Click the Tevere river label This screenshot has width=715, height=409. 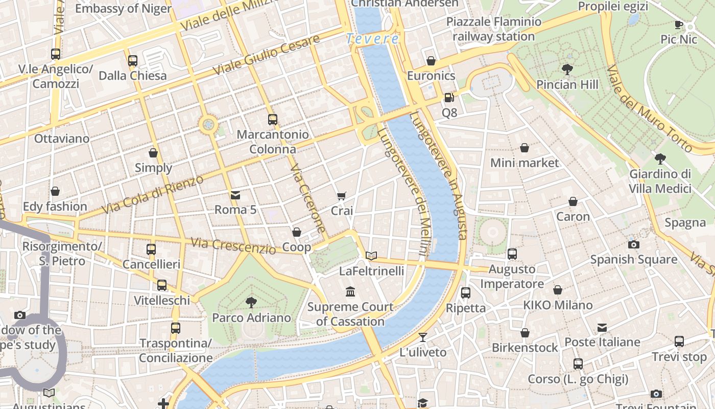coord(372,38)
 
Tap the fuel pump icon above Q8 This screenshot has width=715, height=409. coord(449,97)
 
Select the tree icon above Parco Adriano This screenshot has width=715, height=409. coord(251,302)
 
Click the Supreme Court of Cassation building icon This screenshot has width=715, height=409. coord(350,291)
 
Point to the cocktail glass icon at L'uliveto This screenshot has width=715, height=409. coord(423,337)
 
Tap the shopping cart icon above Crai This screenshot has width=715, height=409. coord(342,196)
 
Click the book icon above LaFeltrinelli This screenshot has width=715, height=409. coord(371,256)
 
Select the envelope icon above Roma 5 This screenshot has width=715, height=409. coord(235,195)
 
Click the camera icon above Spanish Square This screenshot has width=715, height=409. coord(633,244)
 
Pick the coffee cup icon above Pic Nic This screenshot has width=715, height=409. coord(678,25)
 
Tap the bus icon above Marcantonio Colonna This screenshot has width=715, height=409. coord(273,120)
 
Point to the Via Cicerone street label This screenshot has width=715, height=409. coord(308,198)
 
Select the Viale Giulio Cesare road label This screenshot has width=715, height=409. coord(266,55)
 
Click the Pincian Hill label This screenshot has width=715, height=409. coord(567,84)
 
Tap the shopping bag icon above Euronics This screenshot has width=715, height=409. coord(431,61)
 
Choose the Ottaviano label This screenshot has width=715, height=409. coord(61,139)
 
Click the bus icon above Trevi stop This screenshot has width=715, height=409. coord(679,341)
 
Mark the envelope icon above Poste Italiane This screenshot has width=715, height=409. coord(602,327)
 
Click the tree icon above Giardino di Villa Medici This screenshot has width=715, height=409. coord(660,158)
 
